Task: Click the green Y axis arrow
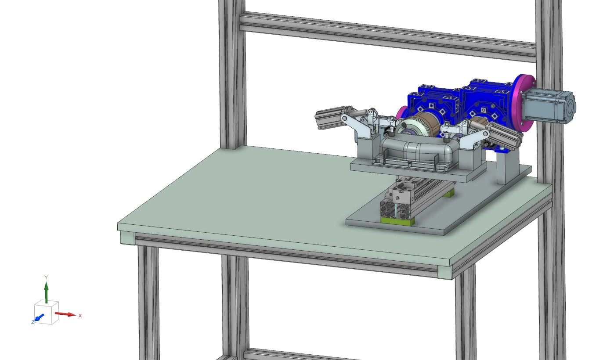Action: coord(46,292)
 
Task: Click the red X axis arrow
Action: coord(65,314)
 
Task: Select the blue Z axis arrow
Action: coord(40,317)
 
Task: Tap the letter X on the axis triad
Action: coord(80,316)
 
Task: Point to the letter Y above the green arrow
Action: coord(46,277)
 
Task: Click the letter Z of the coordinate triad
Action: coord(33,322)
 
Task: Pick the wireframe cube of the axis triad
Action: coord(46,312)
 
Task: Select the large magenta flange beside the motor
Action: coord(524,103)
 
